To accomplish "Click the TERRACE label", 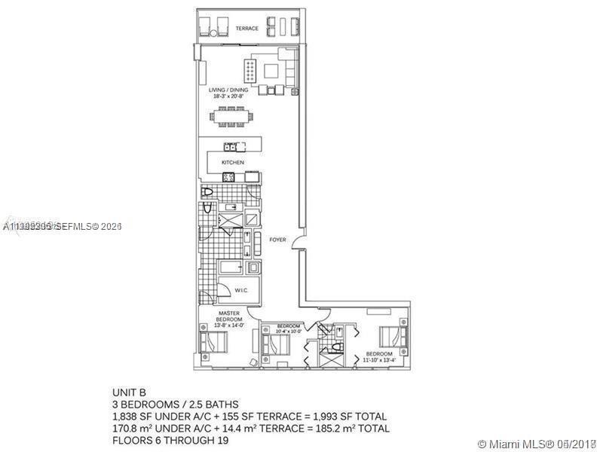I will [246, 29].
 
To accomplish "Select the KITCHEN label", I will [232, 163].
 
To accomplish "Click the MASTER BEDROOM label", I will [229, 316].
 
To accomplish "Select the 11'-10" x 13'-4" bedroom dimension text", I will [378, 360].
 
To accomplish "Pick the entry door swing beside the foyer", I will [300, 246].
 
